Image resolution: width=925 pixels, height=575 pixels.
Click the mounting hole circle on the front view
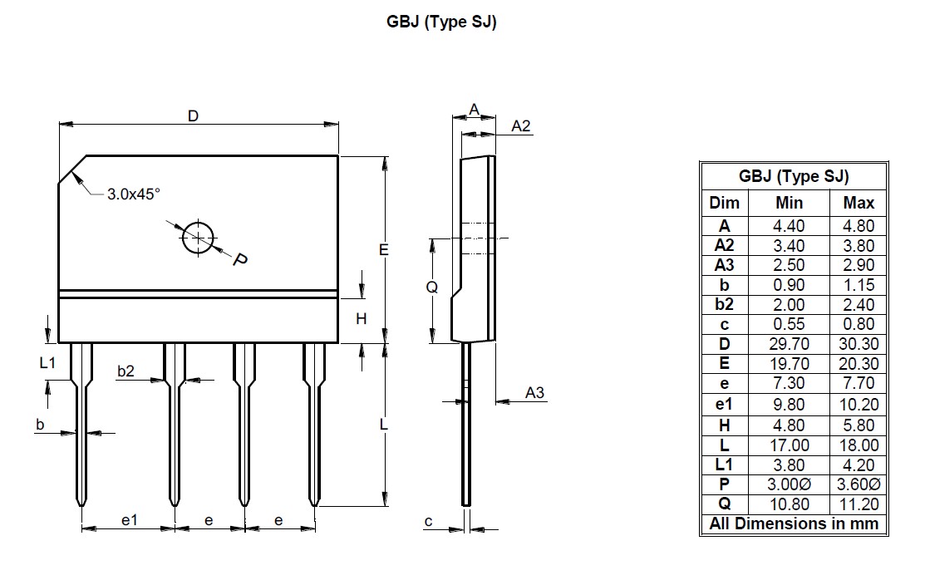(x=183, y=238)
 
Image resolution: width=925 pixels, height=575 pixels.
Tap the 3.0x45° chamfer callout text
(x=133, y=194)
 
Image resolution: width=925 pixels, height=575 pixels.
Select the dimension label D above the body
(x=193, y=116)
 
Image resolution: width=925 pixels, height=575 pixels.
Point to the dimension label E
(x=383, y=250)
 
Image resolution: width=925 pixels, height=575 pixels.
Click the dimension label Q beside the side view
(x=432, y=287)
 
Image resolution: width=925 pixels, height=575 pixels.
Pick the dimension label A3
(x=534, y=392)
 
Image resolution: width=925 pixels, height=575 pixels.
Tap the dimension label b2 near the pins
(x=125, y=371)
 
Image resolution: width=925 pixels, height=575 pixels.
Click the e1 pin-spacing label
(x=129, y=520)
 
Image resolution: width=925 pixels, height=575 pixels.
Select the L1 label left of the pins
(x=47, y=362)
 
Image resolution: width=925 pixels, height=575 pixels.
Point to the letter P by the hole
(x=239, y=259)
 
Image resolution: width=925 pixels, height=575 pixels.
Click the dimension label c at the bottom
(x=428, y=521)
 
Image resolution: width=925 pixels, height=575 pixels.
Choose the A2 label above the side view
(x=520, y=126)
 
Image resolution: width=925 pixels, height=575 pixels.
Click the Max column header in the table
(x=859, y=203)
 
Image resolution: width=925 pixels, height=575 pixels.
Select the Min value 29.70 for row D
(x=789, y=344)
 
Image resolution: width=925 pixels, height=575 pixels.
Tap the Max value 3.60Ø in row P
(x=859, y=484)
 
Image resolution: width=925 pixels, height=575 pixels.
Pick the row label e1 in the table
(x=724, y=405)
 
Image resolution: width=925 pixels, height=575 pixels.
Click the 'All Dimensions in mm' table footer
(x=794, y=523)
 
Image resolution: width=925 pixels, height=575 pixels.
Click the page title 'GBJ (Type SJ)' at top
(x=441, y=22)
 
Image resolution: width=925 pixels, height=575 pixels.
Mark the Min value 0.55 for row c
(x=789, y=324)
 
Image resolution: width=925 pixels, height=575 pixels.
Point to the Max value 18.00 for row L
(x=859, y=445)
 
